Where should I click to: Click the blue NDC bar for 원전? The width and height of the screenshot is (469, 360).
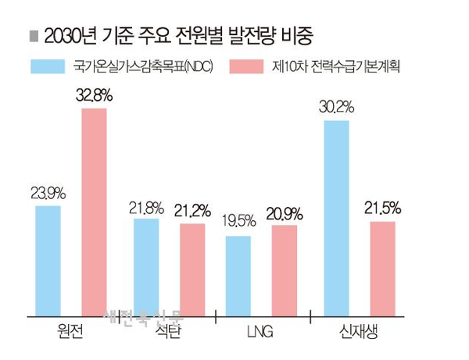click(48, 260)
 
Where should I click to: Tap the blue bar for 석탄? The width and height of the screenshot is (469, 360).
click(146, 267)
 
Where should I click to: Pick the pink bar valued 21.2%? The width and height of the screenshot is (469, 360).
click(192, 269)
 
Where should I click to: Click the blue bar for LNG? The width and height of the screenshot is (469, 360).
click(238, 275)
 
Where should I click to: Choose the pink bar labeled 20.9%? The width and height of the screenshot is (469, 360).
click(285, 270)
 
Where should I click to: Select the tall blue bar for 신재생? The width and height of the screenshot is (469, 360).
click(336, 218)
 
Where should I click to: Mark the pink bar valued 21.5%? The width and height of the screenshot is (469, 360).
click(382, 269)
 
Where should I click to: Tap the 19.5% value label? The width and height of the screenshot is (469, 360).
click(238, 222)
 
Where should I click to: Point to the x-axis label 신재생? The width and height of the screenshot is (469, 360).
click(359, 330)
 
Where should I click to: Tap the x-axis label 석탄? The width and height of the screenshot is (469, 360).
click(169, 330)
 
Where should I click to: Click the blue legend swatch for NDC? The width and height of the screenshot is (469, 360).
click(45, 66)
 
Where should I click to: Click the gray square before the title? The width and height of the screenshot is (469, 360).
click(32, 36)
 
